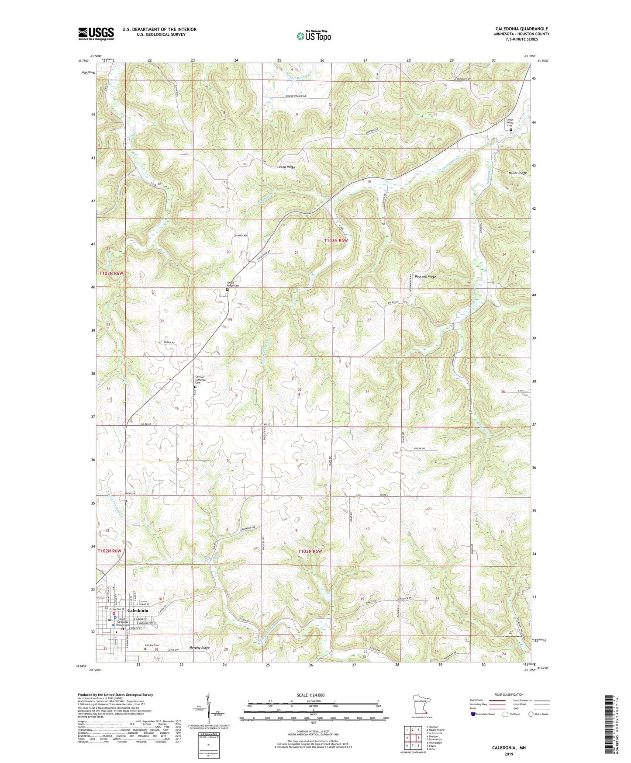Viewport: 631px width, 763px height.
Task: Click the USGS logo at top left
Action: pos(96,33)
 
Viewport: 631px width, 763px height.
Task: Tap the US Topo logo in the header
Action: pos(313,36)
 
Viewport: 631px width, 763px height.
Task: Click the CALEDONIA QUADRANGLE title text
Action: pos(521,28)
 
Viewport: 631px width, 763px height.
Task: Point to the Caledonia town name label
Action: pos(138,610)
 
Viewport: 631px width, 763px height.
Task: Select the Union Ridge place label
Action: pos(286,167)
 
